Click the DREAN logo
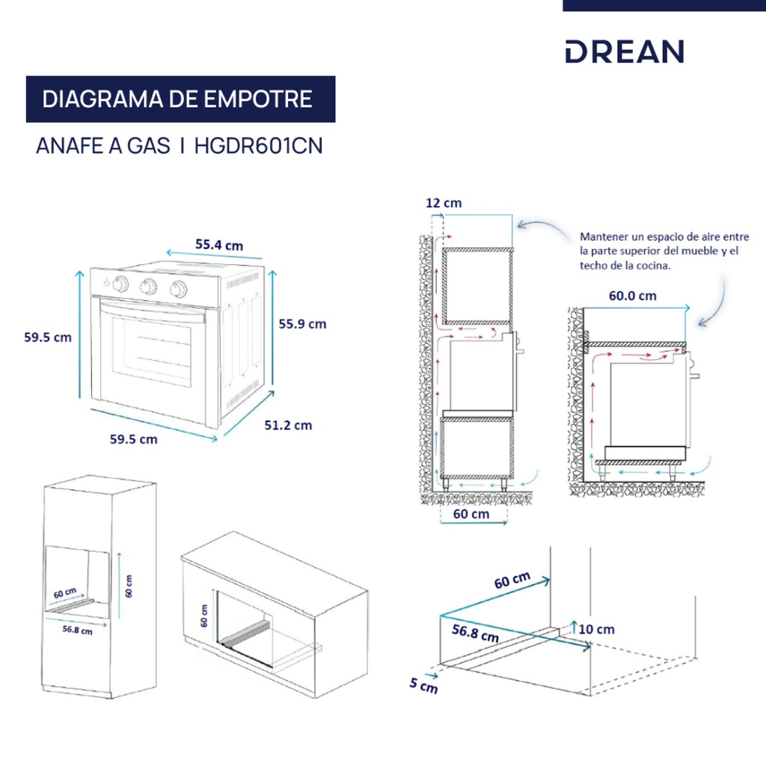(624, 52)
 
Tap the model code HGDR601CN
(258, 146)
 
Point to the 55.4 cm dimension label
(218, 245)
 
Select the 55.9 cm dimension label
(302, 324)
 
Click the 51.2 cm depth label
(288, 425)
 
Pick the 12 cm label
(443, 203)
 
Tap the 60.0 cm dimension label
(632, 295)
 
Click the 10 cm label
(595, 629)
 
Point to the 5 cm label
(424, 684)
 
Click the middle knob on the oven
(149, 286)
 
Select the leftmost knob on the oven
(120, 284)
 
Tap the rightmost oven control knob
(178, 289)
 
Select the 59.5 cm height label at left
(48, 337)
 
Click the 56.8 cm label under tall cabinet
(77, 629)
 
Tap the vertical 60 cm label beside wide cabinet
(203, 616)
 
